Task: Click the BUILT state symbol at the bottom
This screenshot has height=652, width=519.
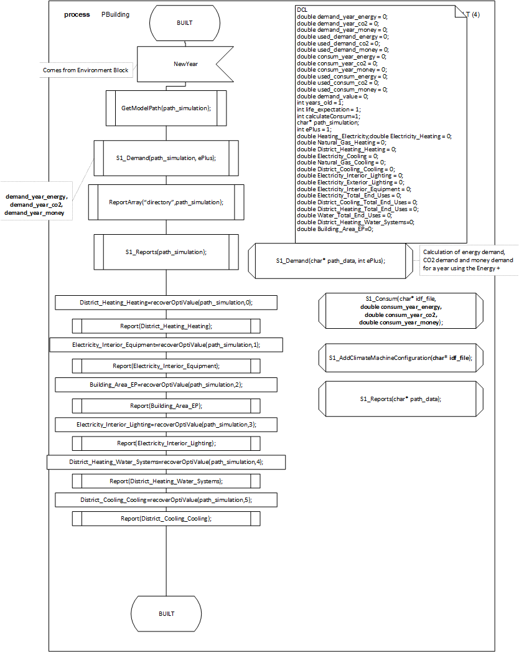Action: [166, 613]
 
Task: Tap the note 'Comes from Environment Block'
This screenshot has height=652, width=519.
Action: [86, 70]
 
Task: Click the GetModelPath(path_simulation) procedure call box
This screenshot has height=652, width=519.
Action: [166, 108]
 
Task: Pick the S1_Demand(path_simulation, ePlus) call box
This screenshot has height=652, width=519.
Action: [166, 158]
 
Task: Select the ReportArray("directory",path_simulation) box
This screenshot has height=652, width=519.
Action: [162, 202]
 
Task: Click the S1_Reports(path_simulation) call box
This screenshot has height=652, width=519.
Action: [166, 252]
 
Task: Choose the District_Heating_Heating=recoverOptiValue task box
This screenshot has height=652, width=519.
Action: [166, 303]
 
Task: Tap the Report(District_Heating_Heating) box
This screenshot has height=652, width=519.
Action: [166, 326]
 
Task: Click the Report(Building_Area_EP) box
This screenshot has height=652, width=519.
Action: [166, 405]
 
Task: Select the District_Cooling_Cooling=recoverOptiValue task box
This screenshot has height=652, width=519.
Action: [166, 500]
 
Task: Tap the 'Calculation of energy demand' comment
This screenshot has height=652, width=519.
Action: [468, 260]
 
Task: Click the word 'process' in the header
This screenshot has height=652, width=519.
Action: [77, 14]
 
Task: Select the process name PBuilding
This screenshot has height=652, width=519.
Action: [116, 14]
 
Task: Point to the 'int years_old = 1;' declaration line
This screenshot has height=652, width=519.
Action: [320, 103]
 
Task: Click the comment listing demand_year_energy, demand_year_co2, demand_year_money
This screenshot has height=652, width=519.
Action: [37, 205]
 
